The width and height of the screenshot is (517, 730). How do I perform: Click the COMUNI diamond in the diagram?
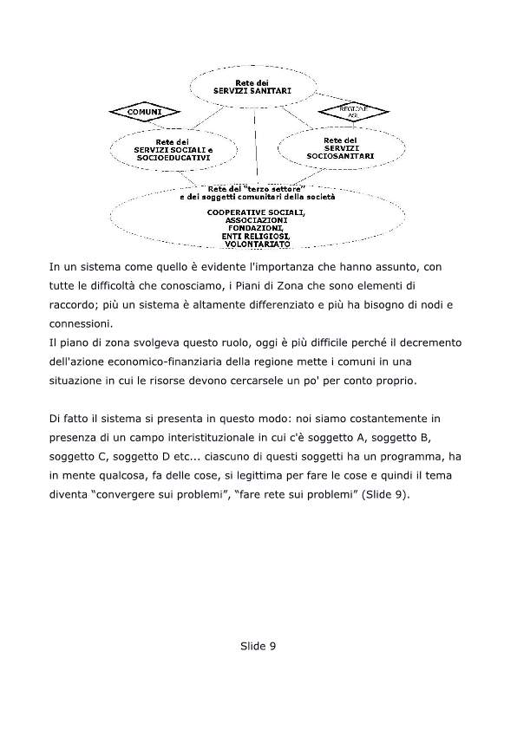coord(144,113)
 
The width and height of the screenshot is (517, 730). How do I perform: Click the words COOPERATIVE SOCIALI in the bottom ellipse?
coord(255,212)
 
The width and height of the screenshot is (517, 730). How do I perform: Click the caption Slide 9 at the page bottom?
coord(258,646)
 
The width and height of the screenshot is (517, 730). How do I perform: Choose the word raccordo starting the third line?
coord(75,307)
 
